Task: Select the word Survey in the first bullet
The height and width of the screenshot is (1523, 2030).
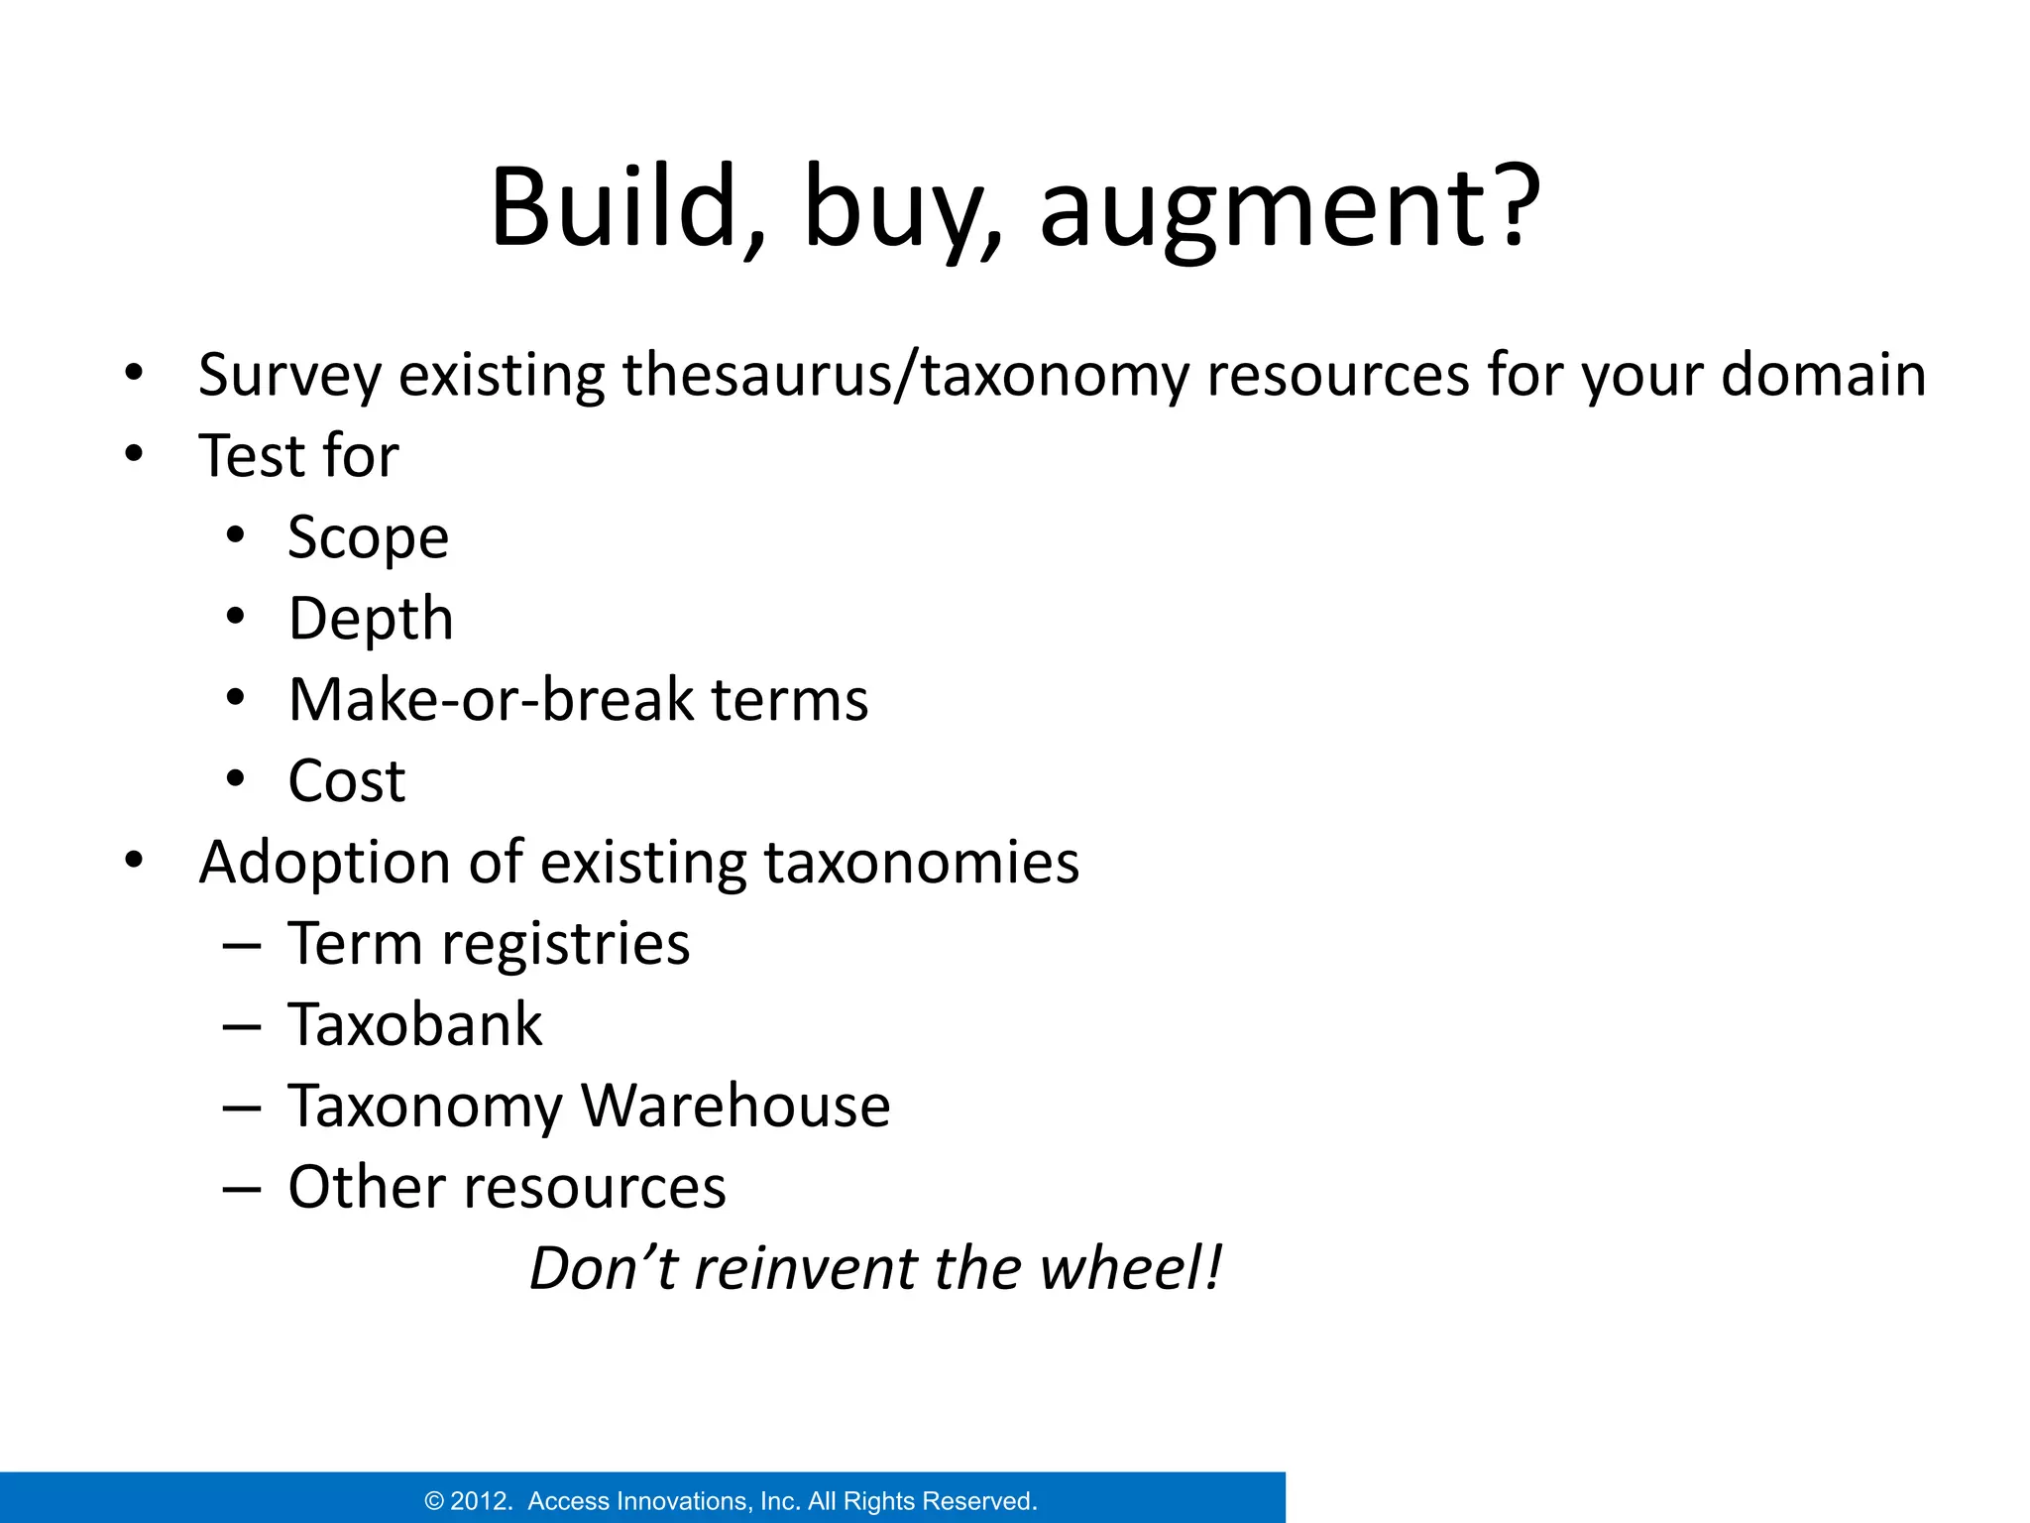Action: pos(289,377)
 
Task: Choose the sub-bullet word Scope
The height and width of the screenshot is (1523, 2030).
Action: pos(368,538)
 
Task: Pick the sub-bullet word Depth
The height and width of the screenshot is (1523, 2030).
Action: pos(371,620)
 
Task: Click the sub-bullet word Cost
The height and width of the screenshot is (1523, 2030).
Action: pos(347,781)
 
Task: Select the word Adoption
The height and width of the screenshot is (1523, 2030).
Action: pos(324,863)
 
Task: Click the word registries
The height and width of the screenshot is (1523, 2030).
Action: pos(565,944)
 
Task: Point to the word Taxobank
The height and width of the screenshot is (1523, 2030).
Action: pos(415,1024)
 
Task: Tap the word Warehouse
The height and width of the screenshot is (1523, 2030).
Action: pos(735,1106)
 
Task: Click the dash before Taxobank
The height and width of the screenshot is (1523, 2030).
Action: pos(242,1026)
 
